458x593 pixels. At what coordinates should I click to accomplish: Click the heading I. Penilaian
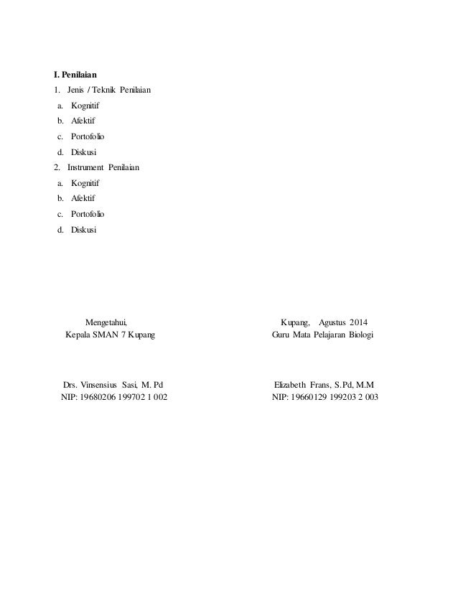coord(76,74)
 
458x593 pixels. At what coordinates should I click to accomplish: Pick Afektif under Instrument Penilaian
coord(83,198)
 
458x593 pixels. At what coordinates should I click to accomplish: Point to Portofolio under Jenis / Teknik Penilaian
coord(88,136)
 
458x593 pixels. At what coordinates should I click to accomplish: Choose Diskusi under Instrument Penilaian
coord(83,229)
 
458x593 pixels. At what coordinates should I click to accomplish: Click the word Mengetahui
coord(110,321)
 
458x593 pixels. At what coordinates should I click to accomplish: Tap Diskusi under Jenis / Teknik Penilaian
coord(83,151)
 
